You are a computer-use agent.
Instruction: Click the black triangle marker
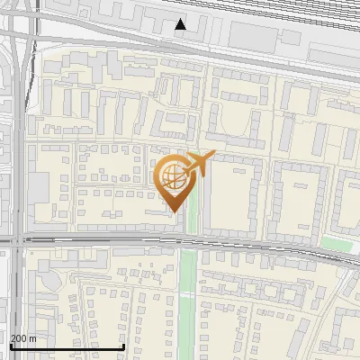(181, 24)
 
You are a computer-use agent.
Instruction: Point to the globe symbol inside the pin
(173, 175)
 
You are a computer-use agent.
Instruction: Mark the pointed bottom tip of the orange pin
(174, 211)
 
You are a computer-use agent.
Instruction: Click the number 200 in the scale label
(19, 338)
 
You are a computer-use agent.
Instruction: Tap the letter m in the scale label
(33, 338)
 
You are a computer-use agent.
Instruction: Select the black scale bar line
(67, 346)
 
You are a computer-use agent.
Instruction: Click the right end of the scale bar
(123, 346)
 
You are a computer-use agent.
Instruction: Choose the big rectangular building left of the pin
(40, 188)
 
